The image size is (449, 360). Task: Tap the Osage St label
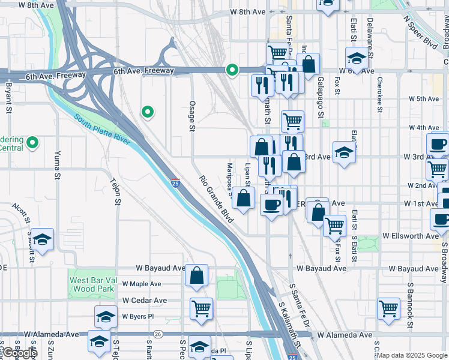point(193,115)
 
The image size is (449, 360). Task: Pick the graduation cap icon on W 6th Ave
point(357,59)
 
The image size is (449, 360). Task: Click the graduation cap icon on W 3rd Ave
point(345,152)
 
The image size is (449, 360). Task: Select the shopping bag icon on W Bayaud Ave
point(197,276)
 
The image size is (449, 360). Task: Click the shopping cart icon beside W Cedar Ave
point(202,308)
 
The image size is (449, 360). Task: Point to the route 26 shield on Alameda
point(158,334)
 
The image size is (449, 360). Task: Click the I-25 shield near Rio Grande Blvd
point(175,181)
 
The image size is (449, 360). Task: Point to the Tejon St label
point(115,191)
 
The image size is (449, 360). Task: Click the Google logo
point(19,353)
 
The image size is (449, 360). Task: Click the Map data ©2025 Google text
point(412,355)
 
